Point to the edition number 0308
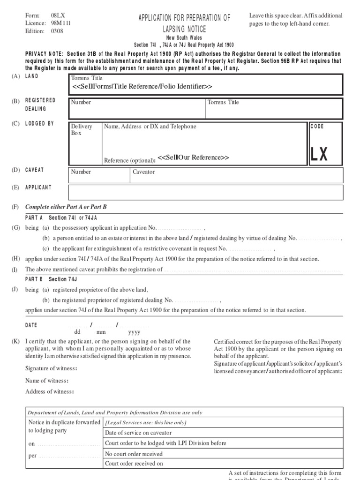point(57,31)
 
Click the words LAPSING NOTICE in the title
point(184,29)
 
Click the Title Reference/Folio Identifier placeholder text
point(142,87)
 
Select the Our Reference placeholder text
point(193,157)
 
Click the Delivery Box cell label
point(82,130)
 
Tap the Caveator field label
point(143,172)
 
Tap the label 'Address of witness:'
point(50,391)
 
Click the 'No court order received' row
point(134,454)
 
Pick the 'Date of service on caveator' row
point(139,433)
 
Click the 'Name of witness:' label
point(47,380)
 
